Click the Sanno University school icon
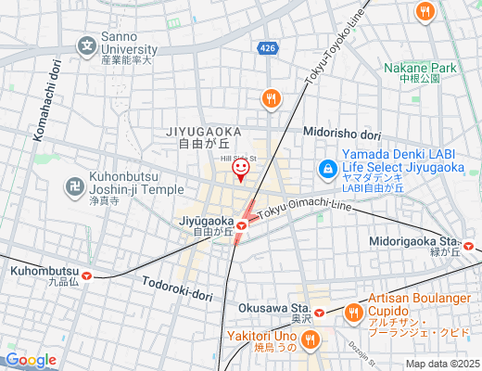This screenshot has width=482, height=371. pos(86,45)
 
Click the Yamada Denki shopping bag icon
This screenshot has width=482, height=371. pos(326,169)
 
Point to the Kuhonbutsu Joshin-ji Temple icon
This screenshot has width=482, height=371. pos(74,185)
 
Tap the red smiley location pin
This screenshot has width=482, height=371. pos(241,169)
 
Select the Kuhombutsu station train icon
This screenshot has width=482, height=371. pos(86,275)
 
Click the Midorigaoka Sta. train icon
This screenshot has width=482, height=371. pos(470,247)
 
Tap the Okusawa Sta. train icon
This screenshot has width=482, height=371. pos(319,313)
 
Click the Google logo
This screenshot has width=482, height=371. pos(31,360)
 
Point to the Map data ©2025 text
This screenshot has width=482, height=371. pos(442,364)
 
